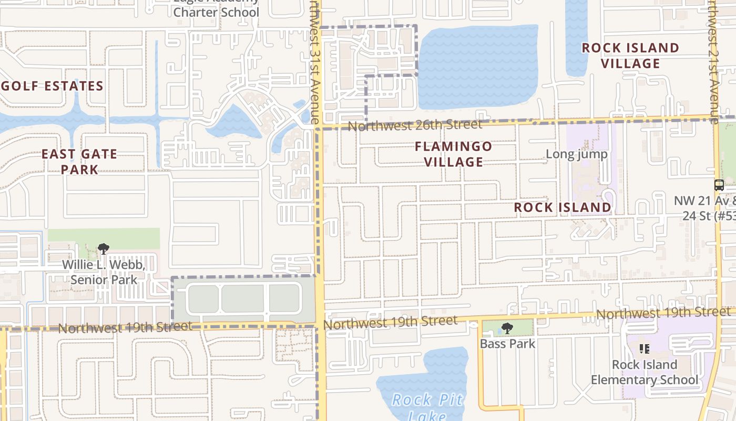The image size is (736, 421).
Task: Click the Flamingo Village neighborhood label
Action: pos(453,154)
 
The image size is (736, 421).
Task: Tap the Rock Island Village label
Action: pos(630,55)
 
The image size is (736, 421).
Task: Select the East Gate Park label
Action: pos(79,162)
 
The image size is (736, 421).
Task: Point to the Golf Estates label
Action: pos(52,86)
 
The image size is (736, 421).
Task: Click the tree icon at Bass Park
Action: pos(507,328)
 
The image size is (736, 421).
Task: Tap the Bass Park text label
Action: pos(507,344)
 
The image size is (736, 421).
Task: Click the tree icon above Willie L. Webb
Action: pos(104,248)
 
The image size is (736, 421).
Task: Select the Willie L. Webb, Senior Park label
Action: pos(104,272)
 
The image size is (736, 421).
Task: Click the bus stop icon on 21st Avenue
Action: pos(719,185)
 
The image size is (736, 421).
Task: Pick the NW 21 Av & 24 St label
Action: pos(704,208)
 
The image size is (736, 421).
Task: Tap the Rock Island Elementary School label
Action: pos(645,372)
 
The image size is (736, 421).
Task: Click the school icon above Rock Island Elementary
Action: pos(645,349)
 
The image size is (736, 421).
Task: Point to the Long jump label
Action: pos(576,154)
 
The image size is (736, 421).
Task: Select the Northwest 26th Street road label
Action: pos(415,125)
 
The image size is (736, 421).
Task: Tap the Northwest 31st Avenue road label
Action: pos(314,58)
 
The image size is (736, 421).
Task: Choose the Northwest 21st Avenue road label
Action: pos(712,58)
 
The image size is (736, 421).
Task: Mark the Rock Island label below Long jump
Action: pos(563,207)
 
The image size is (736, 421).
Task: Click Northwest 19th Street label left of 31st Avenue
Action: pos(125,327)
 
